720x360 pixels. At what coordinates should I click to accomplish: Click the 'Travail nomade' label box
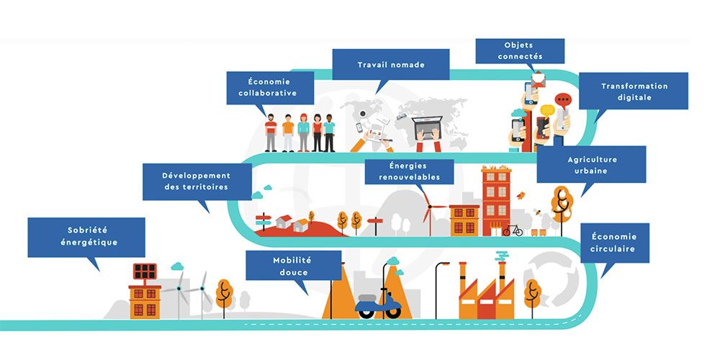391,65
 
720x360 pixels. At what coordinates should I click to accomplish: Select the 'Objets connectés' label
520,51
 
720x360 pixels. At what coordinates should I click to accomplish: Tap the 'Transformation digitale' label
633,91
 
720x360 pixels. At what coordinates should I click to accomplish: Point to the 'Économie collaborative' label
270,88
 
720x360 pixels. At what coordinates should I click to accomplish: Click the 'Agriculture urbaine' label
591,164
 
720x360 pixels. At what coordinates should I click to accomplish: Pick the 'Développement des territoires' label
197,182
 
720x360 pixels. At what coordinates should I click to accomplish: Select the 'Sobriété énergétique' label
86,237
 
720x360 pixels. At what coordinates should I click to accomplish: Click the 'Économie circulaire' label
615,243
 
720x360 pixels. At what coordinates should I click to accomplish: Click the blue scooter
379,305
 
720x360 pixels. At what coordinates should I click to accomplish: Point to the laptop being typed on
428,128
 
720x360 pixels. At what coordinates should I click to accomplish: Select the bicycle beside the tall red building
513,230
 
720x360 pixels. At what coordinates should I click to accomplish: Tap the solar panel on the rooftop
145,271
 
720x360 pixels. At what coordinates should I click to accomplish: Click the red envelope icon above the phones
538,81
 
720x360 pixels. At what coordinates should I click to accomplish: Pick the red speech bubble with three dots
563,100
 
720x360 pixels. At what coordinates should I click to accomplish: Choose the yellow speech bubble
547,111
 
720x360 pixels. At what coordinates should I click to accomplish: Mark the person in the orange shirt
288,133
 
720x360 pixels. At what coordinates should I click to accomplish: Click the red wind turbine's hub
429,207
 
